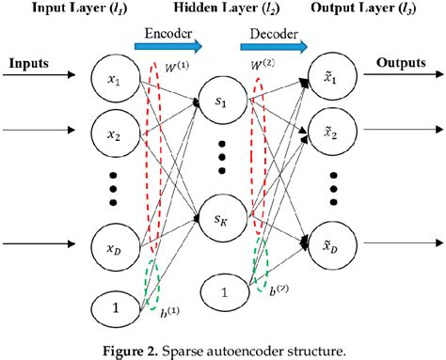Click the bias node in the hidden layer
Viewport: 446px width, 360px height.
(223, 291)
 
